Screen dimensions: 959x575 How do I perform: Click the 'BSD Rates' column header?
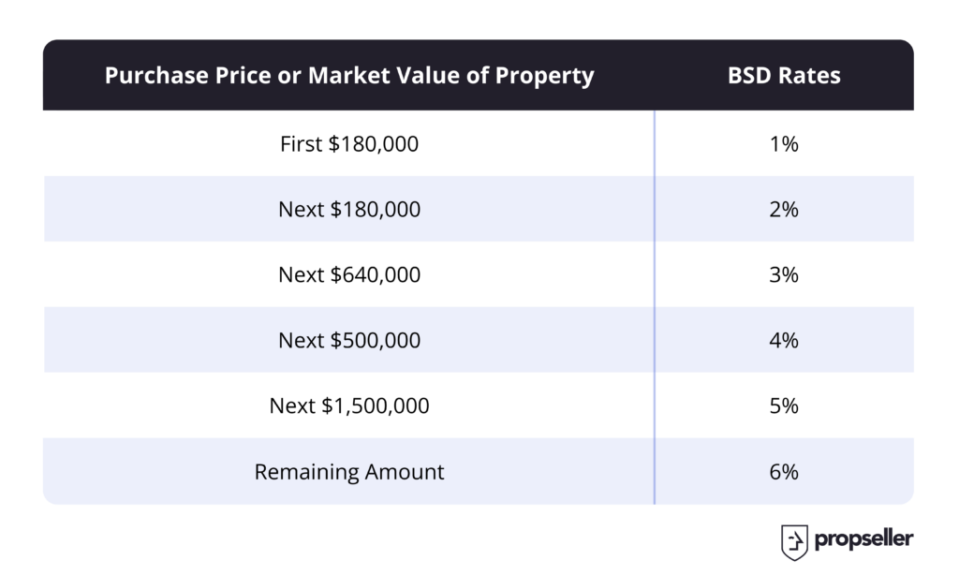[x=784, y=75]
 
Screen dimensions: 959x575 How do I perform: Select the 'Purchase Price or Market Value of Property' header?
[x=349, y=75]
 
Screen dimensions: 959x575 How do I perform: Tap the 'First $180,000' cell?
[x=349, y=144]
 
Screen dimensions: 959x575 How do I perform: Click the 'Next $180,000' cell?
[x=349, y=209]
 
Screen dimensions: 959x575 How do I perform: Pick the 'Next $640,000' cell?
[x=349, y=274]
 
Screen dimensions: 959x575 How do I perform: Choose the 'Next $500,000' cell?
[x=349, y=340]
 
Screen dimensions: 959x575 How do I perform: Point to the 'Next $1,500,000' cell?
[x=349, y=405]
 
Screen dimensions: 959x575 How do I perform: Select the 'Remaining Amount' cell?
[x=349, y=472]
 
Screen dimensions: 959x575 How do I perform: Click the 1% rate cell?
[x=784, y=144]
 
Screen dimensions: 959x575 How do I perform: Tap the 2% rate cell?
[x=784, y=209]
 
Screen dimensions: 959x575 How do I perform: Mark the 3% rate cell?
[x=784, y=274]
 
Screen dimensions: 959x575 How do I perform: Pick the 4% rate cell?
[x=784, y=340]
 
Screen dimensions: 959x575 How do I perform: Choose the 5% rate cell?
[x=784, y=405]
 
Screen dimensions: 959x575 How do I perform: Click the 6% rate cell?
[x=784, y=472]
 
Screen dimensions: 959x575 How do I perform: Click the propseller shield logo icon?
[x=794, y=542]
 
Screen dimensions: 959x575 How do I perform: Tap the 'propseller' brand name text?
[x=863, y=539]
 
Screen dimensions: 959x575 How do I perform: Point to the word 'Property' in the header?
[x=544, y=78]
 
